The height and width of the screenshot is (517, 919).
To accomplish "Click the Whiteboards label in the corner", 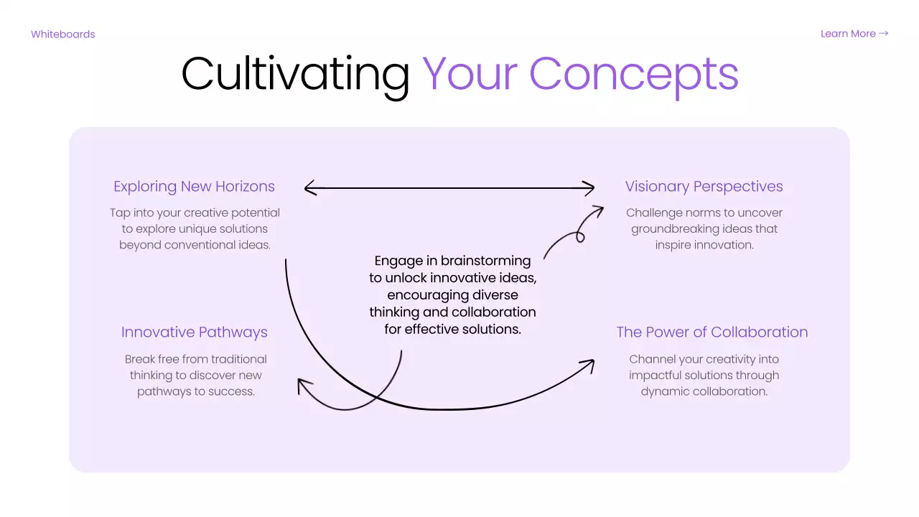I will point(63,34).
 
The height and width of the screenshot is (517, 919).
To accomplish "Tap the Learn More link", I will point(848,34).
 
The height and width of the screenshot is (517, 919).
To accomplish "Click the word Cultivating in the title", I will point(295,74).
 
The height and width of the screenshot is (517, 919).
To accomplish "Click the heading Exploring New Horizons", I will point(194,187).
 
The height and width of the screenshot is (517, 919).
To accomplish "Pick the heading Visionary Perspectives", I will point(704,187).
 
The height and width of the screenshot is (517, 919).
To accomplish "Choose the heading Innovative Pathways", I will point(194,332).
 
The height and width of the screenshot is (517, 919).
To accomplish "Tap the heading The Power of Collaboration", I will point(712,332).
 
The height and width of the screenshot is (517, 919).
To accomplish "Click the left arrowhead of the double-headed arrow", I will point(309,188).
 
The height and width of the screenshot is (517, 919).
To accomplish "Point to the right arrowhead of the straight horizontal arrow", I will point(589,188).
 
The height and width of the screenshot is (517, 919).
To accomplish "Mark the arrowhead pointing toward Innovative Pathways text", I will point(303,386).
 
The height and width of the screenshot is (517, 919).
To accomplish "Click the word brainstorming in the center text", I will point(486,261).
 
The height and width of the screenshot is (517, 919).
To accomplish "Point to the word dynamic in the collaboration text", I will point(661,391).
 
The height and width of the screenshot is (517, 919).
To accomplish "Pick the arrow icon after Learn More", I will point(884,34).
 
